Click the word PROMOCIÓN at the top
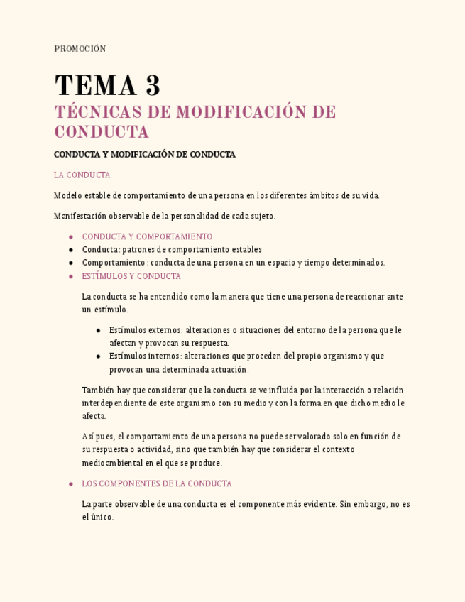80,49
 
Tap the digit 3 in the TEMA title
153,87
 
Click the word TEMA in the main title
95,87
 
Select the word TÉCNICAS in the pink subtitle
97,112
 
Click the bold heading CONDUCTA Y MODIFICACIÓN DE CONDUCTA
144,154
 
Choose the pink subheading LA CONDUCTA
82,175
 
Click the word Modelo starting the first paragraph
67,195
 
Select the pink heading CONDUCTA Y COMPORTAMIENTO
147,236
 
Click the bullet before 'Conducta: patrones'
71,250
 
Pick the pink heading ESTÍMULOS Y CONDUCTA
131,276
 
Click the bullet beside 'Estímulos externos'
98,330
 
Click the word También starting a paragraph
97,390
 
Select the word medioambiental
116,463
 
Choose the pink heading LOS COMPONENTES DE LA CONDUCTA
157,483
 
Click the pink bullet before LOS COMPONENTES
71,484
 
